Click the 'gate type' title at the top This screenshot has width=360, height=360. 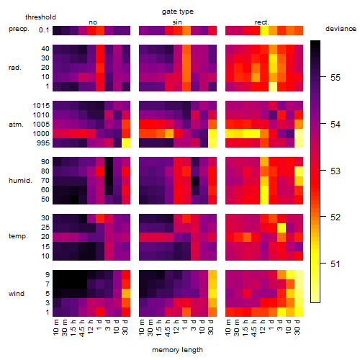[x=178, y=12]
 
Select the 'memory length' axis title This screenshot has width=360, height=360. [x=177, y=350]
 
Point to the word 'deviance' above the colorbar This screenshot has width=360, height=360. [x=341, y=29]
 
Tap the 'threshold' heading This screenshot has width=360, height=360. [x=40, y=17]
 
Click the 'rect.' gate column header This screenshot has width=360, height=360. [x=261, y=22]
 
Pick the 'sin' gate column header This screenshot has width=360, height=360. [x=177, y=22]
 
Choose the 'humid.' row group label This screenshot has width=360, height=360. [x=20, y=181]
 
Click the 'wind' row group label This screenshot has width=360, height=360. [x=17, y=294]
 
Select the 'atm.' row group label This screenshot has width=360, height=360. [x=16, y=125]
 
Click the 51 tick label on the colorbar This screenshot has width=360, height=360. [x=336, y=264]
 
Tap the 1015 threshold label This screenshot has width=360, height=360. [x=41, y=106]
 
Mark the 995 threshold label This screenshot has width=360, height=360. [x=43, y=143]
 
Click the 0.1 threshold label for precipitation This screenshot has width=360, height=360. [x=44, y=30]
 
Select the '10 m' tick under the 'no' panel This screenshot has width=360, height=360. [x=55, y=327]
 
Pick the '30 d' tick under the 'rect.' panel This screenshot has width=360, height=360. [x=297, y=327]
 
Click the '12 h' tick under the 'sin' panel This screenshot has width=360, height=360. [x=176, y=327]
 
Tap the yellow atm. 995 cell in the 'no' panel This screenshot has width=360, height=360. [x=126, y=143]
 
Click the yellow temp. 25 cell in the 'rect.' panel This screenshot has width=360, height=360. [x=282, y=228]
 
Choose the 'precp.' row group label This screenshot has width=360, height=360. [x=19, y=29]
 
